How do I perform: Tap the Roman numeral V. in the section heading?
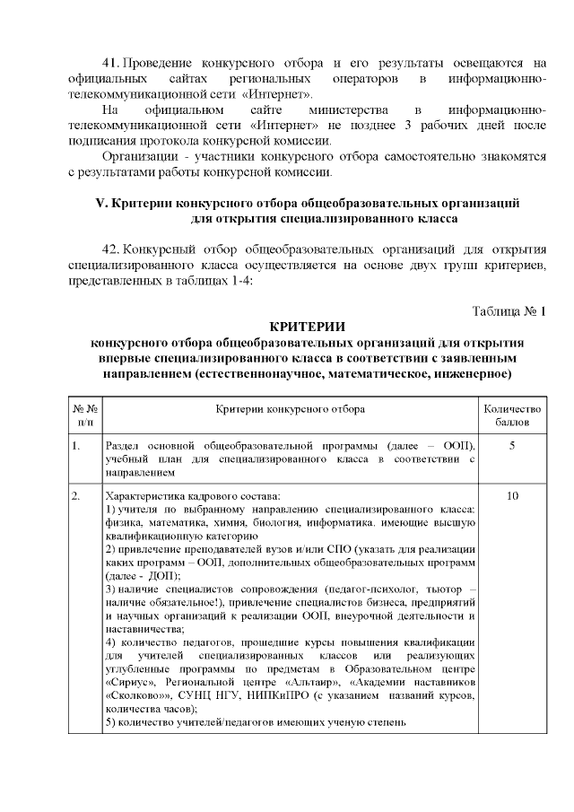[x=100, y=203]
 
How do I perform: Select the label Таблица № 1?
[x=509, y=310]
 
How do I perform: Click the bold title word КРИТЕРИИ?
[x=307, y=326]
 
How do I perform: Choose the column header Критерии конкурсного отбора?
[x=290, y=408]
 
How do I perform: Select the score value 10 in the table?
[x=511, y=495]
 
